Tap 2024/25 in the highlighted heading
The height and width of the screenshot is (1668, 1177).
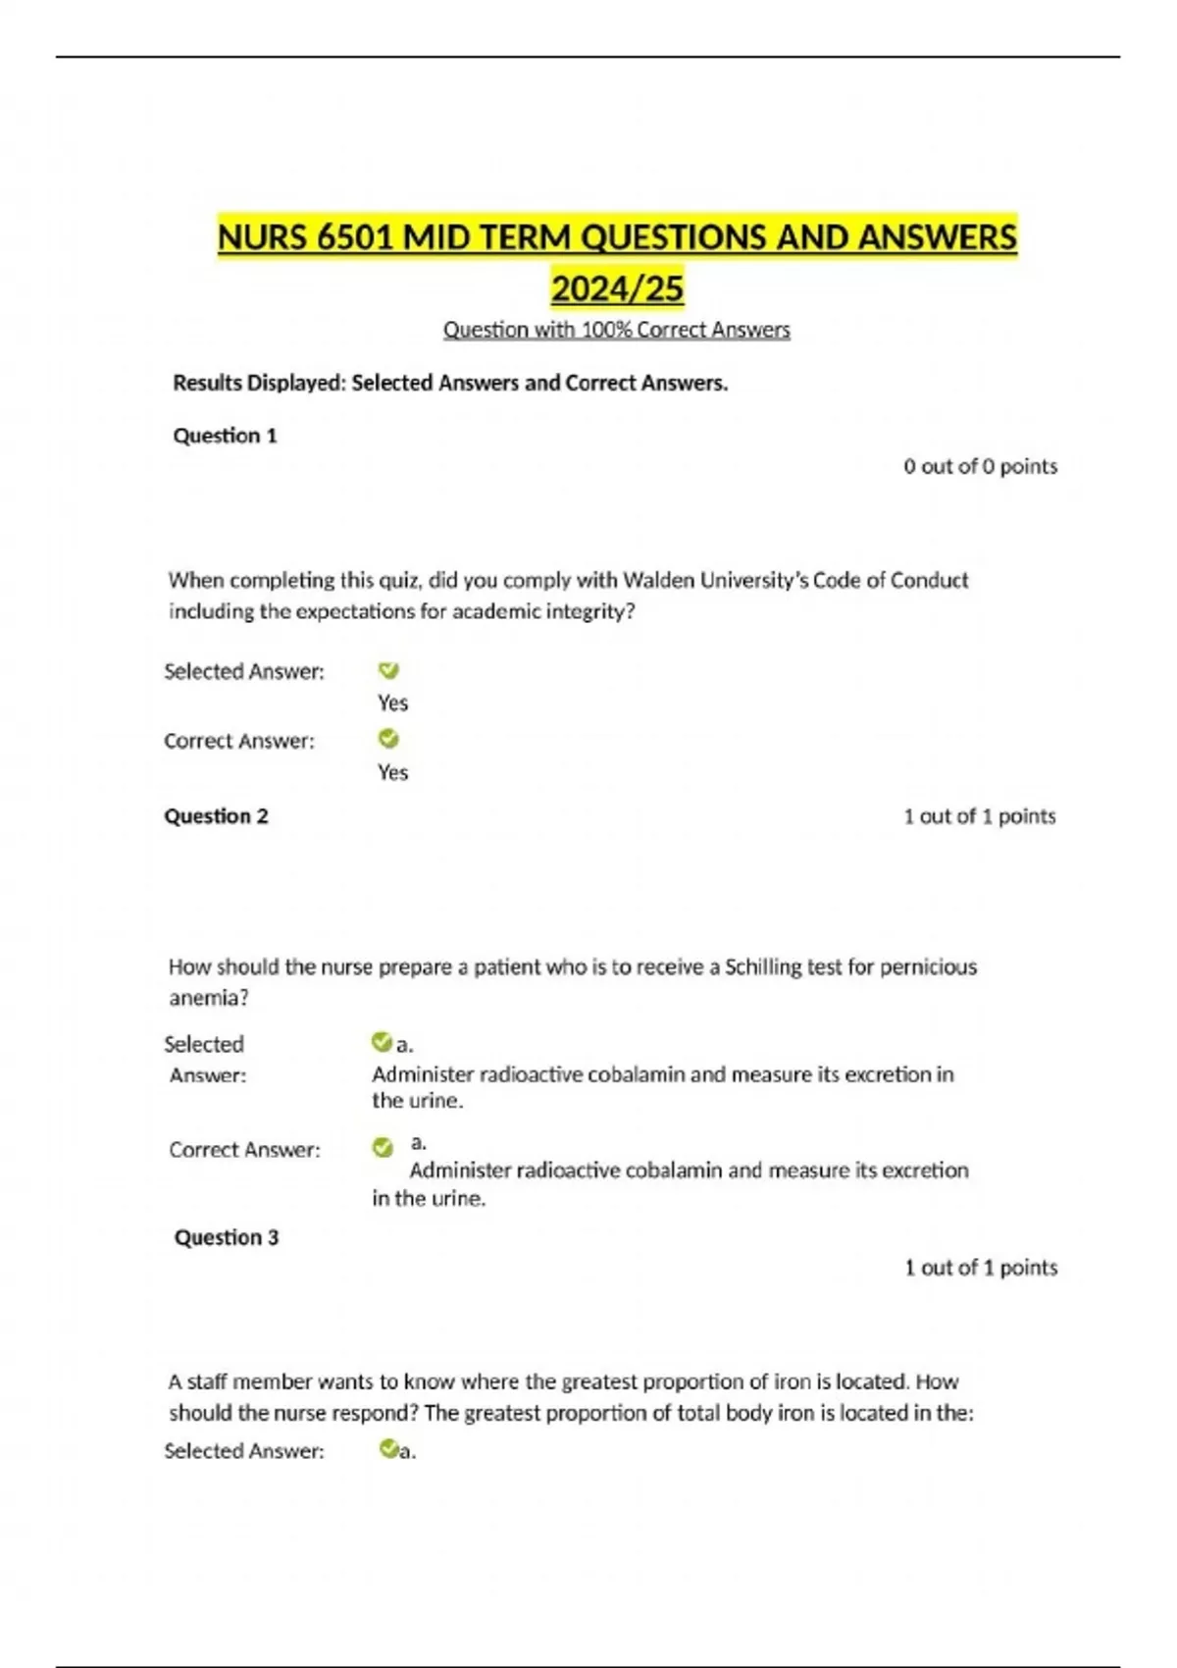(617, 289)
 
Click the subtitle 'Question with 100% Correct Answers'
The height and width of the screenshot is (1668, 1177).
(616, 330)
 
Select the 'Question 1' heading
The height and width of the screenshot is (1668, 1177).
(225, 436)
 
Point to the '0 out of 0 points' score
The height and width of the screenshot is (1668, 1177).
(980, 466)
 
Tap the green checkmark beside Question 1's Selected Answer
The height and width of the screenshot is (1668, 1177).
(388, 670)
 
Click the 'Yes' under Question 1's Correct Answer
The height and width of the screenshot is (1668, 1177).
(392, 772)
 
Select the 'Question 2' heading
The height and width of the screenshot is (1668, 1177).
(216, 816)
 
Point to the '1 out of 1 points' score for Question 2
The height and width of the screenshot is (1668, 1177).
(979, 816)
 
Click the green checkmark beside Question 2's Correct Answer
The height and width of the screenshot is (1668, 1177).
(383, 1147)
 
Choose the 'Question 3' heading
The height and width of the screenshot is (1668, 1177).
(227, 1237)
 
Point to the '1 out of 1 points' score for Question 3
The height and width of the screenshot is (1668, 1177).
(980, 1268)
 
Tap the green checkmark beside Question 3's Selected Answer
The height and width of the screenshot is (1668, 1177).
(388, 1448)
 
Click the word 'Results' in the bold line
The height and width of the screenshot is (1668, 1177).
(206, 383)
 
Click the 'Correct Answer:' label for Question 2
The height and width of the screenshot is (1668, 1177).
(244, 1149)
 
